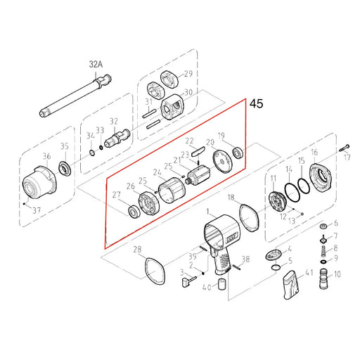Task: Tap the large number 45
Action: pos(256,104)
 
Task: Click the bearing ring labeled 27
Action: pos(133,210)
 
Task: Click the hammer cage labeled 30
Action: pos(172,110)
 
